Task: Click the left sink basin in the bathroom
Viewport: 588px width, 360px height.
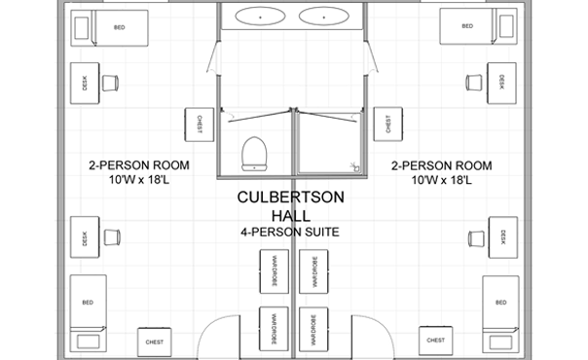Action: [x=261, y=17]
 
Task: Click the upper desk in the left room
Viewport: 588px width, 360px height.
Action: [x=85, y=84]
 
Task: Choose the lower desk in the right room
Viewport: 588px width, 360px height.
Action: [x=502, y=238]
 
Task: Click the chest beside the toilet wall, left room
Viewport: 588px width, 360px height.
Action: [x=198, y=124]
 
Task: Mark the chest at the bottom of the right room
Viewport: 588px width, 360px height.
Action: [x=435, y=340]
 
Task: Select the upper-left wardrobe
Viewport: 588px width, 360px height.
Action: [x=272, y=267]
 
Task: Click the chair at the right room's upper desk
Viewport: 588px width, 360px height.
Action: [x=474, y=81]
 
